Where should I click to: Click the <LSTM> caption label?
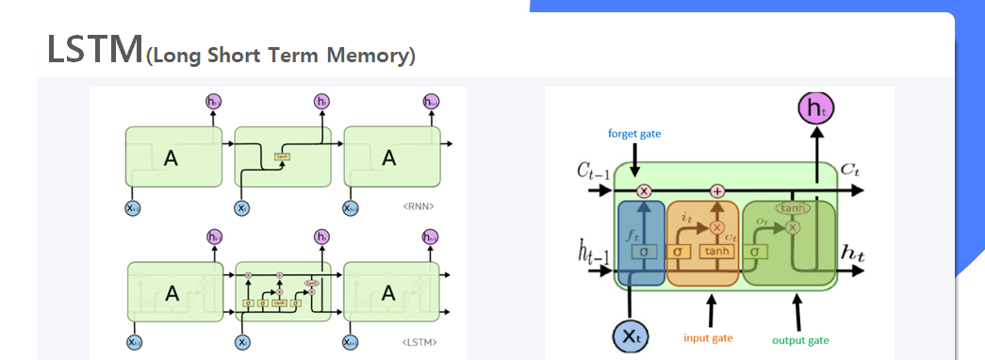click(x=419, y=342)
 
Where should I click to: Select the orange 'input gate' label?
click(x=709, y=337)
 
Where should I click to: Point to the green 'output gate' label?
click(x=800, y=340)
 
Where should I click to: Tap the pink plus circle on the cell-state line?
click(x=717, y=190)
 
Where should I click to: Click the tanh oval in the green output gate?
click(x=793, y=208)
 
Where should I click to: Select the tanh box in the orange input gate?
click(x=715, y=252)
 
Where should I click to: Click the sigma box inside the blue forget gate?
click(x=643, y=252)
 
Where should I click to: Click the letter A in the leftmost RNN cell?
click(x=170, y=158)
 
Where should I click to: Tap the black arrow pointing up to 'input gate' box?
click(x=710, y=308)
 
